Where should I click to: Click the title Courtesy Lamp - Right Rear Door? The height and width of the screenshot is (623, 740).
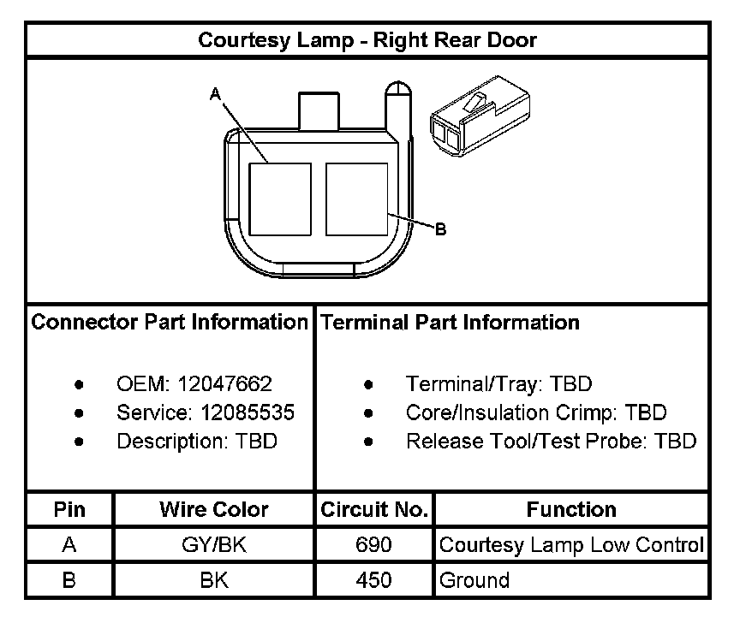(x=367, y=40)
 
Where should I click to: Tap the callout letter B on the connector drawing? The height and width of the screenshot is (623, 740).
(x=440, y=229)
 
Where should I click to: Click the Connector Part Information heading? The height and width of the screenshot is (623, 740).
(x=170, y=323)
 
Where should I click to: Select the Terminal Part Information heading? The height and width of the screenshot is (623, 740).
(x=449, y=323)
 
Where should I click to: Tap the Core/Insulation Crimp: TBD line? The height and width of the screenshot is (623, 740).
(x=535, y=412)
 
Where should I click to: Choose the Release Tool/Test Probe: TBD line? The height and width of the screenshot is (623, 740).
(x=551, y=442)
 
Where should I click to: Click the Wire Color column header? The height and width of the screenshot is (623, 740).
(x=214, y=510)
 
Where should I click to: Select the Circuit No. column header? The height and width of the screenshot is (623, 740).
(x=374, y=510)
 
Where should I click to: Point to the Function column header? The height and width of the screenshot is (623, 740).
(x=571, y=510)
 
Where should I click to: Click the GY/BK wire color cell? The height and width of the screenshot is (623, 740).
(x=214, y=545)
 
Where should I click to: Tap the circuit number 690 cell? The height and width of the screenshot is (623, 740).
(x=374, y=545)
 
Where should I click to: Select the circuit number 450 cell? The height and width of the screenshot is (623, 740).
(x=374, y=580)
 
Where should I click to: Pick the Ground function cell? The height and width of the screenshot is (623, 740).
(x=474, y=580)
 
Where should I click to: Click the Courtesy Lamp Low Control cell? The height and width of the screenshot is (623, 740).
(x=571, y=545)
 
